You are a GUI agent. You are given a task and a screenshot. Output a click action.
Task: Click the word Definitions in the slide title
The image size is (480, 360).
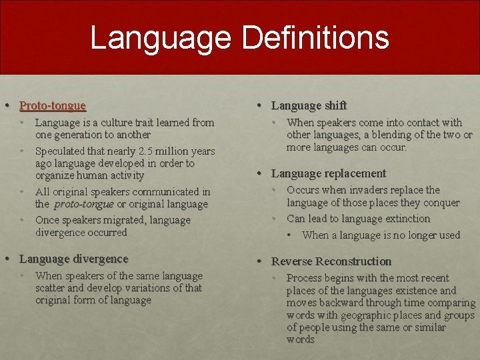(x=315, y=37)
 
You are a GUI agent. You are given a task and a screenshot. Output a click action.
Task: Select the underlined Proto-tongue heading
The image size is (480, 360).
(x=53, y=105)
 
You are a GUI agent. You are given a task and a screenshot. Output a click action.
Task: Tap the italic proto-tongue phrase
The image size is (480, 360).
(x=84, y=204)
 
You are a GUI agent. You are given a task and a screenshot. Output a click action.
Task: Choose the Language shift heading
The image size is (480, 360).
(x=309, y=105)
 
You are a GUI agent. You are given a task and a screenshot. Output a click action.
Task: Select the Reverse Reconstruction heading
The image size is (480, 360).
(x=331, y=261)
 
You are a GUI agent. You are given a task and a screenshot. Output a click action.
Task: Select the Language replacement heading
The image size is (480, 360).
(x=329, y=173)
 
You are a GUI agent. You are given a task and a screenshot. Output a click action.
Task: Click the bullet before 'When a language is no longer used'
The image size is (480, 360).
(x=291, y=235)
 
